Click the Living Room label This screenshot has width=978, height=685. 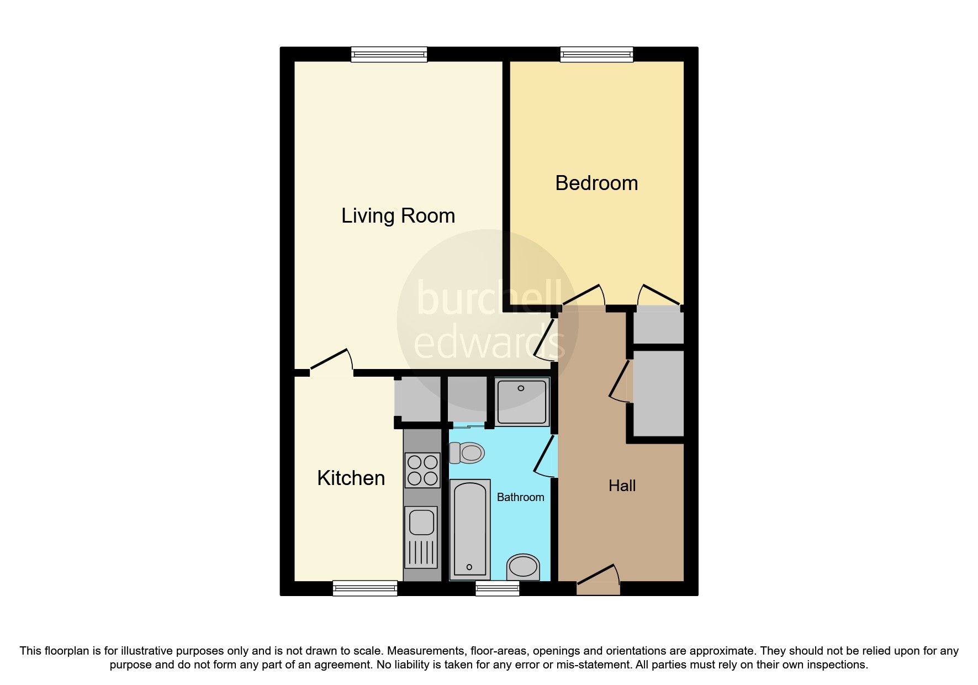coord(398,215)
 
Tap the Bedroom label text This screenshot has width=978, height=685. coord(596,183)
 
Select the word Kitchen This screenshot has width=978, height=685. coord(351,478)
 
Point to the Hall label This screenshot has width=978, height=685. coord(622,486)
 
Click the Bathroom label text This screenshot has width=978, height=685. coord(520,497)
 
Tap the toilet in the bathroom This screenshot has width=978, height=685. coord(467,453)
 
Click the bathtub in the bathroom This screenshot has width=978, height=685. coord(470,529)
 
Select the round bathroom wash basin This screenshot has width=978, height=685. coord(522,566)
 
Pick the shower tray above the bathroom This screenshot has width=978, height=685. coord(522,402)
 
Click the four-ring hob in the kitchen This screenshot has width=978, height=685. coord(422,470)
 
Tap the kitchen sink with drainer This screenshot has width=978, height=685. coord(422,538)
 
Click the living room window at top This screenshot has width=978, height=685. coord(389,54)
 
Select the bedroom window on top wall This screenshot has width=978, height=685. coord(596,54)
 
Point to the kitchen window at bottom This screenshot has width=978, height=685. coord(365,588)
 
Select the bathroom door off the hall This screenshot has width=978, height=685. coord(545,456)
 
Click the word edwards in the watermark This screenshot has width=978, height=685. coord(489,342)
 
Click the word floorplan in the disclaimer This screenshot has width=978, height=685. coord(67,651)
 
